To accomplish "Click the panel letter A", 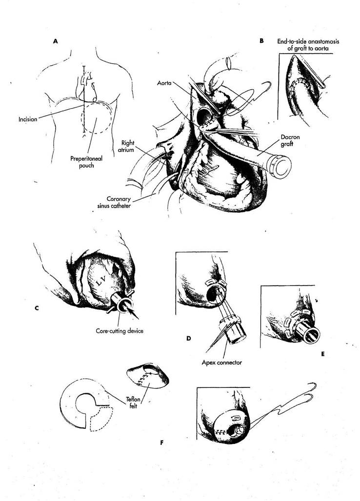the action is pyautogui.click(x=56, y=42).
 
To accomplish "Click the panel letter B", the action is pyautogui.click(x=262, y=41).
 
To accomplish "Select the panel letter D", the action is pyautogui.click(x=188, y=337).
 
